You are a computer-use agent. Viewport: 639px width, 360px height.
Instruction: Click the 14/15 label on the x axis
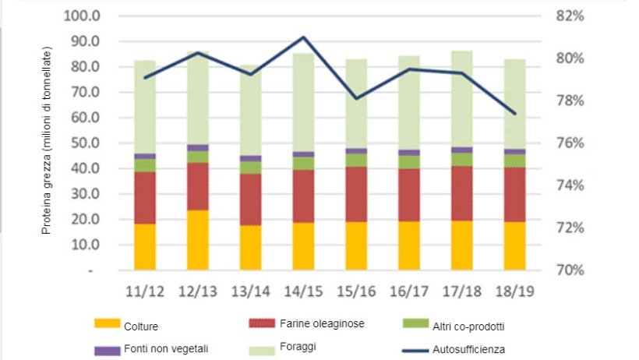point(303,292)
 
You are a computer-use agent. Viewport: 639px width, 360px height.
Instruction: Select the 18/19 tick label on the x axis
point(514,292)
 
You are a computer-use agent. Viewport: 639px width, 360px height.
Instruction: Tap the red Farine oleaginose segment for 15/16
point(356,194)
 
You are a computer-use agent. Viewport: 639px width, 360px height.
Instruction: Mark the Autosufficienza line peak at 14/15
point(303,37)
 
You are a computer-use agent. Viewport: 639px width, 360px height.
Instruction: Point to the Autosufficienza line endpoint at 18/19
point(514,114)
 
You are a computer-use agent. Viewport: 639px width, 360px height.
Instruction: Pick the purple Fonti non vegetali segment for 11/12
point(144,156)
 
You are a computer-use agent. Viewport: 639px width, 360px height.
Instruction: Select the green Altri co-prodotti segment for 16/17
point(409,162)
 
